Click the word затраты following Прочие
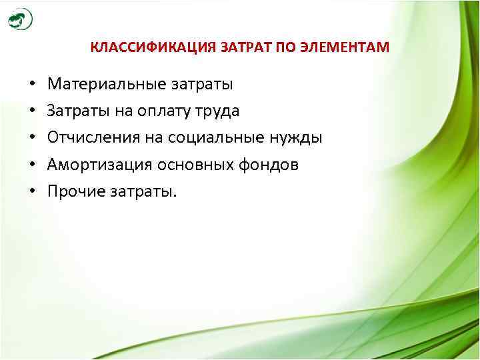point(145,192)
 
